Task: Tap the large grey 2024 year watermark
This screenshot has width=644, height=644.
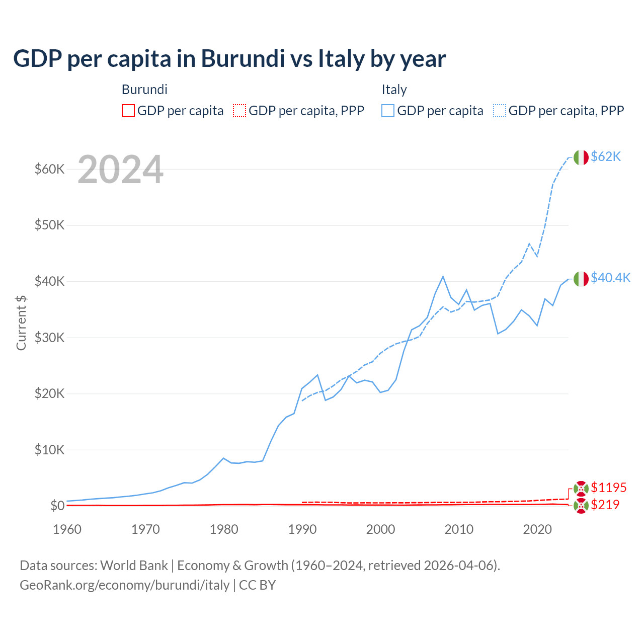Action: (x=120, y=170)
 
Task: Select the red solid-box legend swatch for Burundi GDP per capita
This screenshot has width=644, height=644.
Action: (x=128, y=111)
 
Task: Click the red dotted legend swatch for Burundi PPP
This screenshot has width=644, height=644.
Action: (x=239, y=111)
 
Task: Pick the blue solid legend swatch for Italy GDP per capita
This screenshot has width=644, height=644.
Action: (x=388, y=111)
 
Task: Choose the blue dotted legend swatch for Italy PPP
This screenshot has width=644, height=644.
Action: (x=500, y=111)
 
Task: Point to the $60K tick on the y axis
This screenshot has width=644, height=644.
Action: (x=49, y=169)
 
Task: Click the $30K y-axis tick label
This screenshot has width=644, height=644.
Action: (x=49, y=338)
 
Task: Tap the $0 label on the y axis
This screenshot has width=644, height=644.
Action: (x=57, y=506)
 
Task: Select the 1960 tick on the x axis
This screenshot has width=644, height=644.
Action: (x=67, y=529)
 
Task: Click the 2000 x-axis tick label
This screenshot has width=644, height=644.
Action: (x=380, y=529)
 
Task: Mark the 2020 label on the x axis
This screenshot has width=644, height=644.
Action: (x=537, y=529)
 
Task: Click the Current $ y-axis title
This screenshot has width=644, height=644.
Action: (x=21, y=323)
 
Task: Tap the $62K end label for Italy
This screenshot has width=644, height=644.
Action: (x=606, y=157)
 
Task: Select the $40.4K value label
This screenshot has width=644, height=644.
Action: (x=610, y=278)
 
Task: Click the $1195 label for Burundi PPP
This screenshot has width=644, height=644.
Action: (x=608, y=488)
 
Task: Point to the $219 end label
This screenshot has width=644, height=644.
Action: (x=605, y=505)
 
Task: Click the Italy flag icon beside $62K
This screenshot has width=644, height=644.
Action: (x=581, y=157)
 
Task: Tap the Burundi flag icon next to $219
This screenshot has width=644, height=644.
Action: (x=581, y=506)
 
